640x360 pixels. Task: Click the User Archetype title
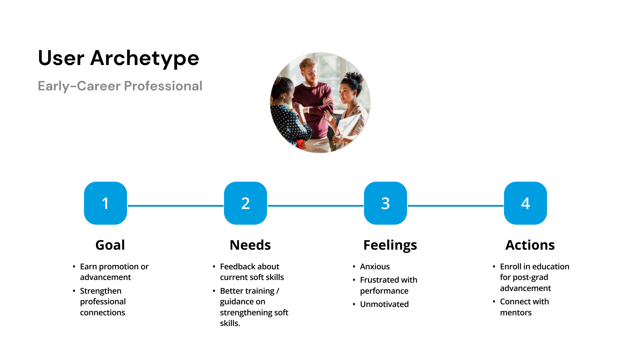[x=118, y=58]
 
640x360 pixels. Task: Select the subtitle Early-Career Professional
[x=120, y=86]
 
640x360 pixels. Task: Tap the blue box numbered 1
[x=105, y=203]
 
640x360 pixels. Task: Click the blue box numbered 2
[x=245, y=203]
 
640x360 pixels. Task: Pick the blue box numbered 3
[x=385, y=203]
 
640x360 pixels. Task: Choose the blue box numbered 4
[x=525, y=203]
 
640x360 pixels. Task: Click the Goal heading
[x=110, y=245]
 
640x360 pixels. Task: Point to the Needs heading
[x=250, y=245]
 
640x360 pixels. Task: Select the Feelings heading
[x=390, y=245]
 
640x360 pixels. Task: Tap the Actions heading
[x=530, y=245]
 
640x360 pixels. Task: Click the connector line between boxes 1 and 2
[x=175, y=206]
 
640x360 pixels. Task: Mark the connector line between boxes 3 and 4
[x=455, y=206]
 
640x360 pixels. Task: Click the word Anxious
[x=375, y=267]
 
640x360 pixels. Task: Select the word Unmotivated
[x=384, y=304]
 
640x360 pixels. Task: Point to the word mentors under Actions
[x=516, y=313]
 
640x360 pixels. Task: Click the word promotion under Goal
[x=119, y=267]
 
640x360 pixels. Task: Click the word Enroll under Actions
[x=510, y=267]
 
